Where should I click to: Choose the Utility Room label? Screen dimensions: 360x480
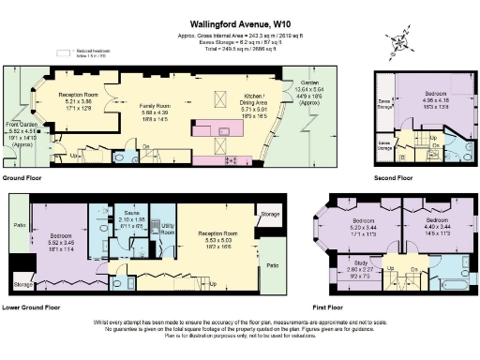pos(169,228)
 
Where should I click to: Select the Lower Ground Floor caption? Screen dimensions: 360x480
pos(33,307)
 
